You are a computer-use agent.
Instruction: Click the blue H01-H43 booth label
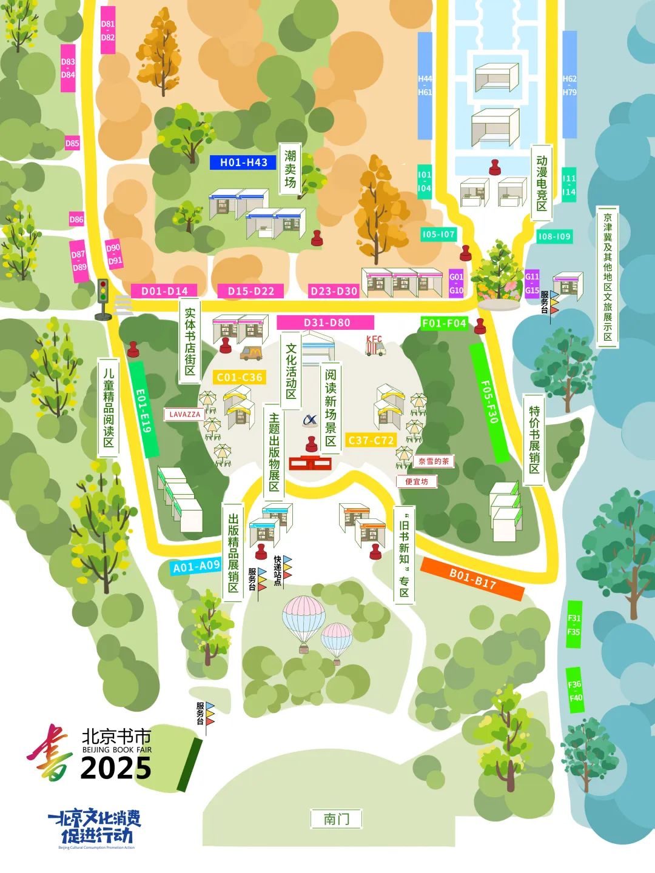[x=243, y=162]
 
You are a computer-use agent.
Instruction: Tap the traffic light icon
[x=104, y=298]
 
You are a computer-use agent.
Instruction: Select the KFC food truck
[x=375, y=345]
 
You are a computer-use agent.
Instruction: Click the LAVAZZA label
[x=184, y=415]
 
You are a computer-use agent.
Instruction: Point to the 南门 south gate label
[x=336, y=819]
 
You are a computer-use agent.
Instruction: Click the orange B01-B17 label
[x=472, y=579]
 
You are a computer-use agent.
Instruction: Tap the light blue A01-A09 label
[x=196, y=567]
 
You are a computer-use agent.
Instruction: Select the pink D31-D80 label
[x=326, y=323]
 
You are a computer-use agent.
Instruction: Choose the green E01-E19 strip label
[x=143, y=409]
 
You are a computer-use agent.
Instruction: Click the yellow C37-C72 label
[x=371, y=441]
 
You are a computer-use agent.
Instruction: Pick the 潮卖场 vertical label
[x=291, y=169]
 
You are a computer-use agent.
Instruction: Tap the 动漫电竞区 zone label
[x=541, y=182]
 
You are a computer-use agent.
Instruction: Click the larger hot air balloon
[x=304, y=621]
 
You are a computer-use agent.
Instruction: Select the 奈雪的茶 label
[x=434, y=461]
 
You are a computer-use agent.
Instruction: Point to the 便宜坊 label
[x=417, y=481]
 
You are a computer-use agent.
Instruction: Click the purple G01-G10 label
[x=456, y=283]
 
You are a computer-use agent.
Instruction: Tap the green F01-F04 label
[x=444, y=324]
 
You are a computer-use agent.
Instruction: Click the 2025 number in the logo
[x=116, y=769]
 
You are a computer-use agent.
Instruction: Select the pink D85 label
[x=72, y=144]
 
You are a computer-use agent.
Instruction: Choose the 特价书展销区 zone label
[x=534, y=440]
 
